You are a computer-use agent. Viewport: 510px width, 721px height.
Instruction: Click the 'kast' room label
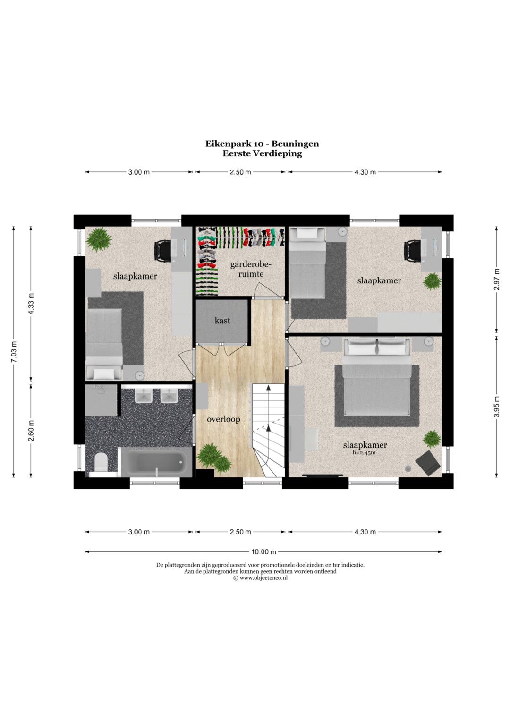tap(222, 320)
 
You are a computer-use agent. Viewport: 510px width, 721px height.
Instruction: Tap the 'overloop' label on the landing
tap(223, 419)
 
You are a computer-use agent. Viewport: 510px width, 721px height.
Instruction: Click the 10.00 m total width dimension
tap(263, 551)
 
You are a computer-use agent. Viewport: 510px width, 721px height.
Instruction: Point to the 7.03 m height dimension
tap(14, 351)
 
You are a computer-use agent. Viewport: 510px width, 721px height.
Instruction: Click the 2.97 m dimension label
tap(497, 279)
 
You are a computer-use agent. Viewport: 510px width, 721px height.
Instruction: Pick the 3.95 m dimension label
tap(497, 406)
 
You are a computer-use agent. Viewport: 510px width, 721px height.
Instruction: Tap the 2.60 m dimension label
tap(31, 430)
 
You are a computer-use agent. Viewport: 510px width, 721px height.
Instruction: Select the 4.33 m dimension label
tap(31, 304)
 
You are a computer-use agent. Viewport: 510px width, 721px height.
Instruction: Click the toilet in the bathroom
tap(102, 463)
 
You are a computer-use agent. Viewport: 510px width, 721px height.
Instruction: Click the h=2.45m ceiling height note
tap(365, 452)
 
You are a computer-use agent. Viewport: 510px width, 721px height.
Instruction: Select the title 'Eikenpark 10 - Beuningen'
tap(262, 144)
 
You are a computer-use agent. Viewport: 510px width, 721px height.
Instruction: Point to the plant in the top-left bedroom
tap(99, 239)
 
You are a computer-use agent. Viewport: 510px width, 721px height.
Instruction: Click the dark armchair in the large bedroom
tap(427, 462)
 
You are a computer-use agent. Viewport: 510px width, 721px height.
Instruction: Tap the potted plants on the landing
tap(214, 457)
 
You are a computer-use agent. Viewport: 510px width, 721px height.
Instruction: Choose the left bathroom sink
tap(144, 395)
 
